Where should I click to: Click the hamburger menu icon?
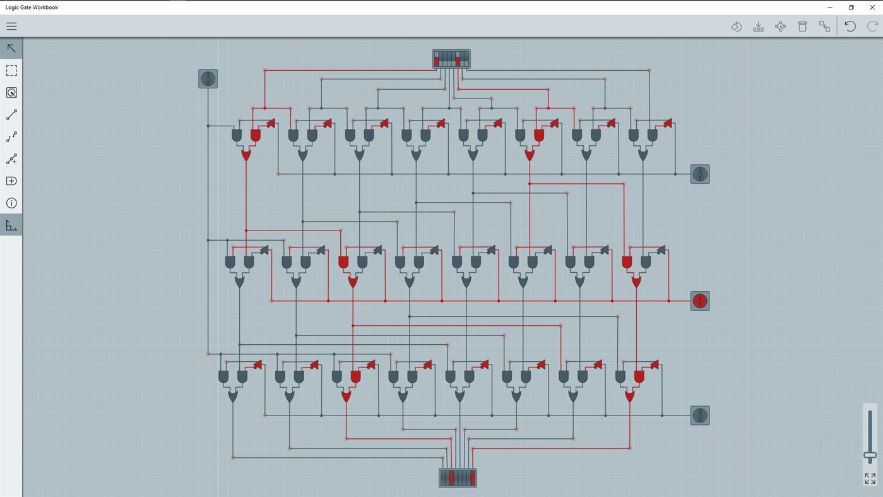pyautogui.click(x=11, y=27)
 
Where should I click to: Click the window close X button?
pyautogui.click(x=872, y=8)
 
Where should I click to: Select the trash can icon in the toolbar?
pyautogui.click(x=802, y=27)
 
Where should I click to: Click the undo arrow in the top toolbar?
pyautogui.click(x=850, y=27)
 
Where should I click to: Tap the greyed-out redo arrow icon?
pyautogui.click(x=872, y=27)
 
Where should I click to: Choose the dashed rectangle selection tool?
pyautogui.click(x=11, y=71)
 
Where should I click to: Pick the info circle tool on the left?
pyautogui.click(x=11, y=203)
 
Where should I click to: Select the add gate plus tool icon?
pyautogui.click(x=11, y=181)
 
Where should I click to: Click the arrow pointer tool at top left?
pyautogui.click(x=11, y=49)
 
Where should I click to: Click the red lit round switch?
pyautogui.click(x=700, y=301)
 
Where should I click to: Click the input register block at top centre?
pyautogui.click(x=451, y=59)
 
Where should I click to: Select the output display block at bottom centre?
pyautogui.click(x=458, y=478)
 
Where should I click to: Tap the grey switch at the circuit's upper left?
pyautogui.click(x=208, y=79)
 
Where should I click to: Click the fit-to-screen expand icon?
pyautogui.click(x=870, y=479)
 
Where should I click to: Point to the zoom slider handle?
pyautogui.click(x=870, y=455)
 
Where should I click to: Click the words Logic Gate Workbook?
pyautogui.click(x=32, y=8)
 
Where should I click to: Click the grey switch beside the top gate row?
pyautogui.click(x=700, y=174)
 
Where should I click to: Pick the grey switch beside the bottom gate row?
pyautogui.click(x=700, y=416)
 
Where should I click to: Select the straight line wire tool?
pyautogui.click(x=11, y=115)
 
